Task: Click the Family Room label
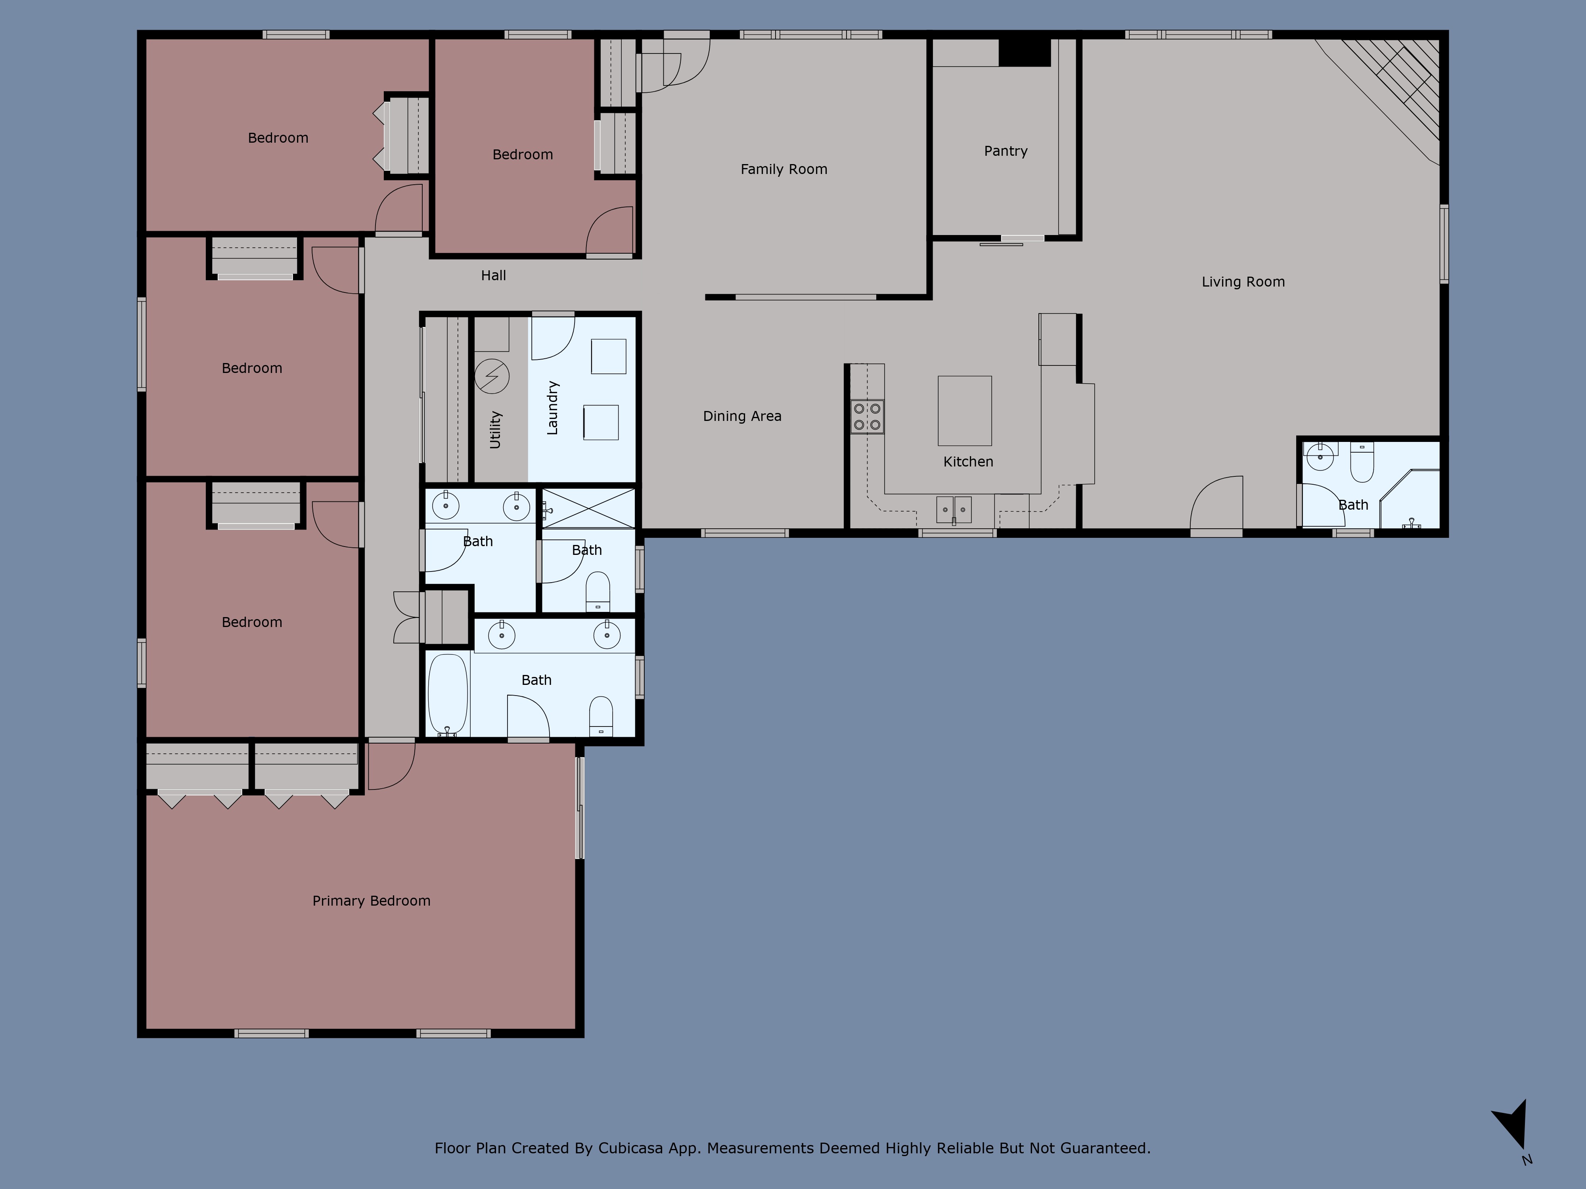(x=783, y=169)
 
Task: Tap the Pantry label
(x=1005, y=151)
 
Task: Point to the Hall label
(x=493, y=275)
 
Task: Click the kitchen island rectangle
(x=964, y=411)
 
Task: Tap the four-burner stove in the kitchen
(x=867, y=417)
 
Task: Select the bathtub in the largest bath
(x=448, y=694)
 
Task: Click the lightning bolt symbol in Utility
(x=492, y=376)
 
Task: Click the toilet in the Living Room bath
(x=1361, y=464)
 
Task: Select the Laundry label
(x=552, y=408)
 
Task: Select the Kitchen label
(x=968, y=462)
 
